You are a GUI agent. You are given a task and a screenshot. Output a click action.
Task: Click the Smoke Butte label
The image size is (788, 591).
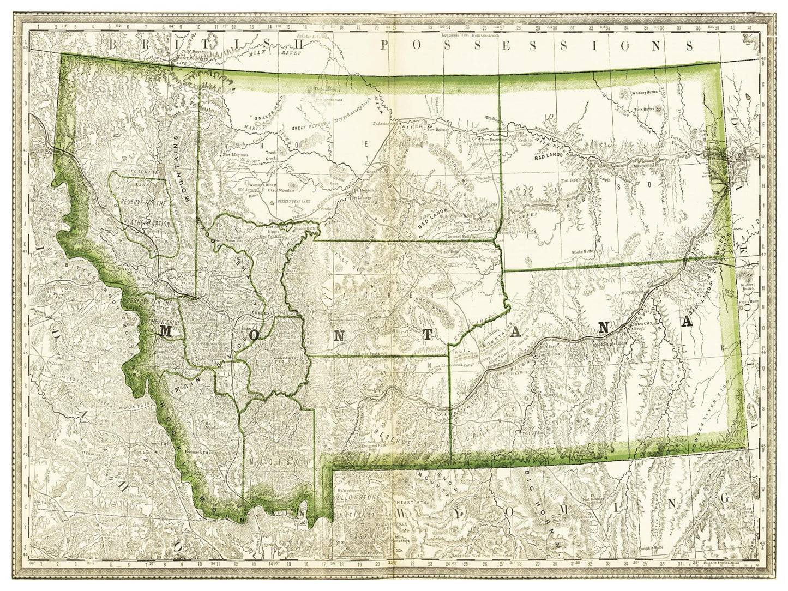[x=582, y=252]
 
